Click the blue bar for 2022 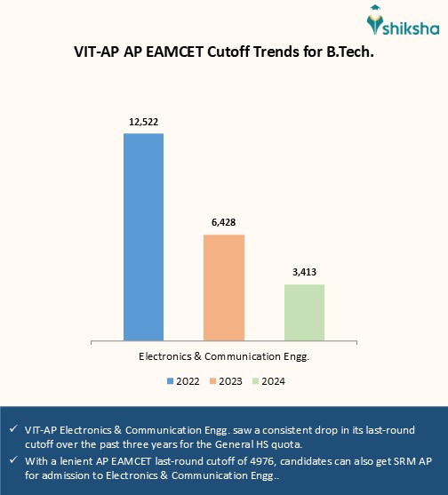pos(143,236)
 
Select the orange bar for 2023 pos(224,286)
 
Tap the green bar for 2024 pos(304,311)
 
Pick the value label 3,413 pos(304,270)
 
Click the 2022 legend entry pos(181,381)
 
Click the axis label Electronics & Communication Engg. pos(224,355)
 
